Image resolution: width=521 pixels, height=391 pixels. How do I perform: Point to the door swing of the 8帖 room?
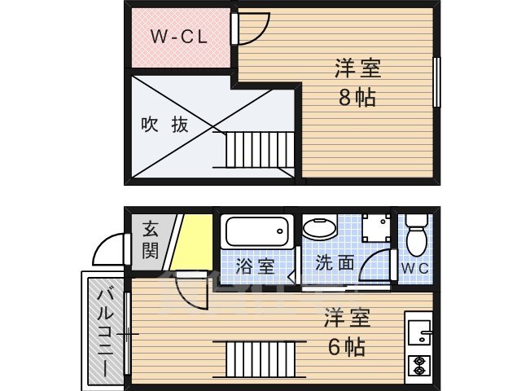(x=249, y=28)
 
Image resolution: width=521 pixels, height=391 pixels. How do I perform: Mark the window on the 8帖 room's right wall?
(x=436, y=81)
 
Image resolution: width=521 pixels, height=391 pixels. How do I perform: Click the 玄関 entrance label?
(x=151, y=239)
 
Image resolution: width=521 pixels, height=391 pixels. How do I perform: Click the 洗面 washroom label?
(x=335, y=264)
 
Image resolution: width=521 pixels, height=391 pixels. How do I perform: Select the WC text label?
(x=414, y=266)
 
